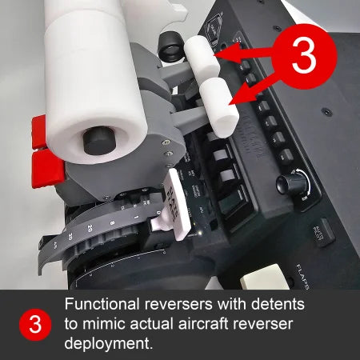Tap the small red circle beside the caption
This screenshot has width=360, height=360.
click(35, 324)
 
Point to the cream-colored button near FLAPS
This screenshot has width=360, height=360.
click(261, 278)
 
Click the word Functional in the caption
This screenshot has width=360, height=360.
click(101, 305)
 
